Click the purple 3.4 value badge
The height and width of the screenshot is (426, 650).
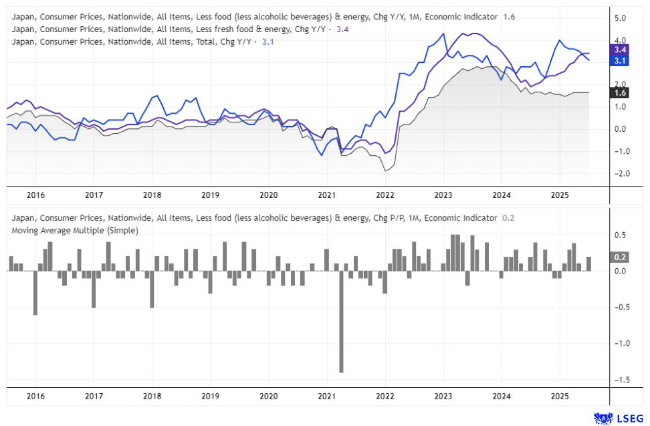619,49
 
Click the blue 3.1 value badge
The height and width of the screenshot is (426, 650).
619,61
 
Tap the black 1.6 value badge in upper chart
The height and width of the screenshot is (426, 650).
619,93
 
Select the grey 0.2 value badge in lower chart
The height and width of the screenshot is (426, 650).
619,257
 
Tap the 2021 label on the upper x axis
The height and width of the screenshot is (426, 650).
326,195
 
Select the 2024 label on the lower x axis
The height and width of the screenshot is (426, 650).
502,396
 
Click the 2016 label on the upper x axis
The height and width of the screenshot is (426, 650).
35,195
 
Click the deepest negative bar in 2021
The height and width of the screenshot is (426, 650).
341,321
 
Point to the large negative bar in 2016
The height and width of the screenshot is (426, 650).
35,292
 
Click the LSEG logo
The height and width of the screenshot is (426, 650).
620,418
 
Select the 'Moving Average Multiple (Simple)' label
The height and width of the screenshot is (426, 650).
75,231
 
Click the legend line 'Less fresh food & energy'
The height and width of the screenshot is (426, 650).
167,29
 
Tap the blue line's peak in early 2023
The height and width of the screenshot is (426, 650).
443,33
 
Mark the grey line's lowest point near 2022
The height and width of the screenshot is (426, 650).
385,171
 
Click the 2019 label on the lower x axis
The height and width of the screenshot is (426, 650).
210,396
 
